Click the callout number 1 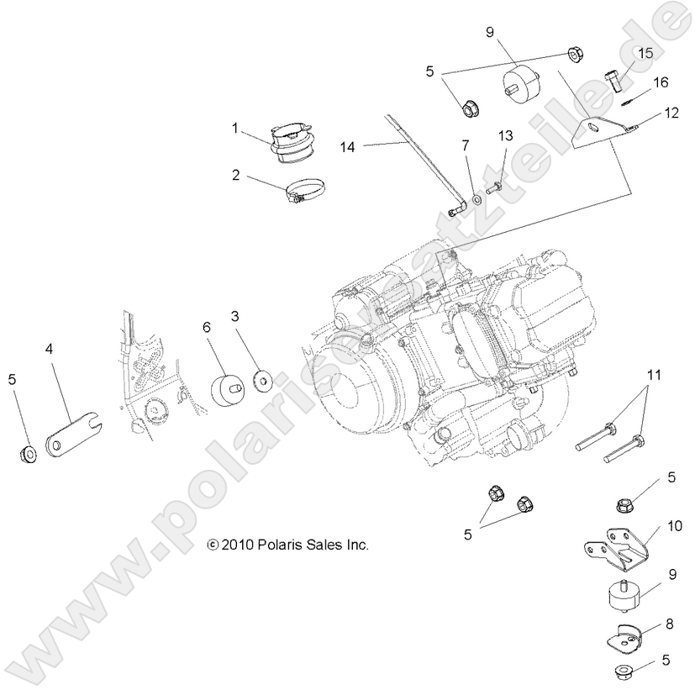pyautogui.click(x=236, y=129)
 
